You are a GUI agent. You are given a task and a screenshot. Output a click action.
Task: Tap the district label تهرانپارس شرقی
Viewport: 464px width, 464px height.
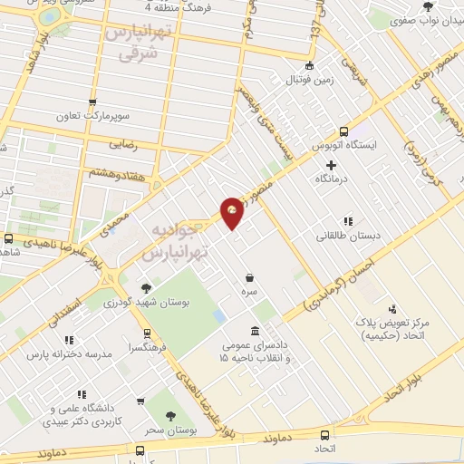(x=137, y=43)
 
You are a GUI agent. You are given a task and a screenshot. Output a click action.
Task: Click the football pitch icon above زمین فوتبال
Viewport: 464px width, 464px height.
(x=309, y=64)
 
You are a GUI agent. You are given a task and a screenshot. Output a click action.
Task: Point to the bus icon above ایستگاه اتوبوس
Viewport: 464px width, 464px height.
(x=343, y=130)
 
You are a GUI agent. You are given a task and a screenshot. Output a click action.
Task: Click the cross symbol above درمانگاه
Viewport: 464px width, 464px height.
(x=332, y=165)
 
